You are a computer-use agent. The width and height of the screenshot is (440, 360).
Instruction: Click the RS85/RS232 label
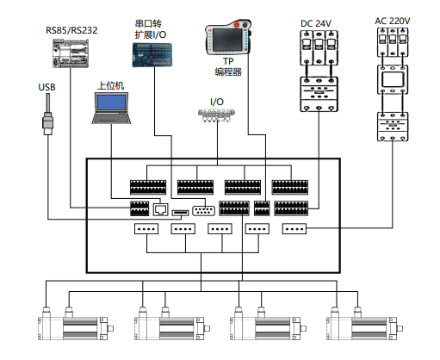(71, 30)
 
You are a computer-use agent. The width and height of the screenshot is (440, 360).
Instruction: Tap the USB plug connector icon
(47, 115)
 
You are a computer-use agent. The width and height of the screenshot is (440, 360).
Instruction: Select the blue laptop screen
(111, 102)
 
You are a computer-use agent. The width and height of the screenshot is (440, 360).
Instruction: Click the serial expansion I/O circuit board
(152, 54)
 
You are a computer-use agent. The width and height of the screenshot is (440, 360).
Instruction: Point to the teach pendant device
(228, 37)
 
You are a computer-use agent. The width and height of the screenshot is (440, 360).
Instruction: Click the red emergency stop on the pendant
(237, 24)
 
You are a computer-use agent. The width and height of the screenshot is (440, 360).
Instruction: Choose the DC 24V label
(316, 23)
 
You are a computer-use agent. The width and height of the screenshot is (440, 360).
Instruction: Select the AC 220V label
(393, 21)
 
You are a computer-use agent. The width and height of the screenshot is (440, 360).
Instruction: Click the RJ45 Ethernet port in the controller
(160, 209)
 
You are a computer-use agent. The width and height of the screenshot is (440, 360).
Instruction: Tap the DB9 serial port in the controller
(203, 211)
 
